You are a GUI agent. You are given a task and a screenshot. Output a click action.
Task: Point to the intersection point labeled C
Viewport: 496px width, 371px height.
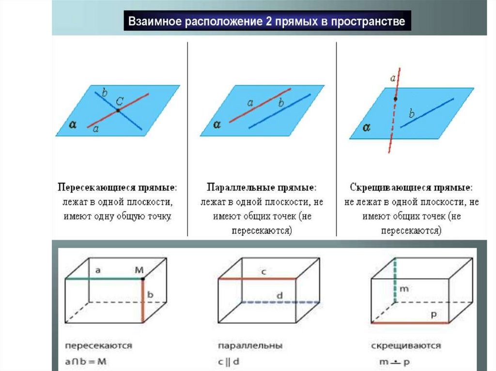[118, 110]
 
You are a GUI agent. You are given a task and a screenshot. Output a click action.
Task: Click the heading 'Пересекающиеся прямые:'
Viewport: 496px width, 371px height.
[117, 187]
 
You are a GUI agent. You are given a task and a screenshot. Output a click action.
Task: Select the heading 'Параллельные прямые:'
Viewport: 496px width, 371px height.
[262, 187]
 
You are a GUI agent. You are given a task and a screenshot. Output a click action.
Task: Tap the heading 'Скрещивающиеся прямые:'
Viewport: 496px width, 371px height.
[411, 187]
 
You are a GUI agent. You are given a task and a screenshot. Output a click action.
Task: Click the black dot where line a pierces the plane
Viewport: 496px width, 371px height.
[395, 99]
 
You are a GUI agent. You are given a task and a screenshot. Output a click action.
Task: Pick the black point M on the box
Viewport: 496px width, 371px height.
[143, 279]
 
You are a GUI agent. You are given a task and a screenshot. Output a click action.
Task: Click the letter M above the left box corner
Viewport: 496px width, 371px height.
[139, 271]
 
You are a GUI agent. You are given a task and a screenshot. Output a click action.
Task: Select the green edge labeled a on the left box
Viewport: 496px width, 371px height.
[104, 279]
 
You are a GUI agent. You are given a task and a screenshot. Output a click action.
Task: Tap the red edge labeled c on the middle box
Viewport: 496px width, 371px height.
[257, 279]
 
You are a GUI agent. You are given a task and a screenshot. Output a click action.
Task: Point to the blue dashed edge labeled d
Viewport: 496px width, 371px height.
[280, 302]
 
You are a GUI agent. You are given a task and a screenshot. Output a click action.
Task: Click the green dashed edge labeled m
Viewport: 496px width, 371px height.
[395, 281]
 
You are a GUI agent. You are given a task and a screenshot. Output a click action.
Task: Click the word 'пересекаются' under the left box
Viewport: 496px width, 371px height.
[99, 346]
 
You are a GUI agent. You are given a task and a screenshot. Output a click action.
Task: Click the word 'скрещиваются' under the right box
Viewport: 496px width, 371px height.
[405, 346]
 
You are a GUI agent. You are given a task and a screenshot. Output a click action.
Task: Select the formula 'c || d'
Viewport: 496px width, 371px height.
[230, 360]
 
